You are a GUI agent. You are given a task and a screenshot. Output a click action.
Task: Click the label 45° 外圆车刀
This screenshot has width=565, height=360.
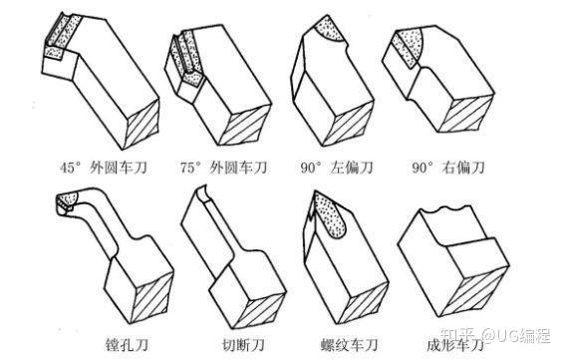coord(104,168)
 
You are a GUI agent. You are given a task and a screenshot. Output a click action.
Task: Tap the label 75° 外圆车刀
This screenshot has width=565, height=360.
coord(224,168)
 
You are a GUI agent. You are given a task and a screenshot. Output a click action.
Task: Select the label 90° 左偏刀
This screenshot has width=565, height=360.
coord(337,168)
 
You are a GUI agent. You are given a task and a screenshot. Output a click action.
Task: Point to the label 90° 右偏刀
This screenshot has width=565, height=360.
coord(447,168)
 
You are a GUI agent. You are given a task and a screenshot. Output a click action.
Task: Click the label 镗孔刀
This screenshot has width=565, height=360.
coord(127,345)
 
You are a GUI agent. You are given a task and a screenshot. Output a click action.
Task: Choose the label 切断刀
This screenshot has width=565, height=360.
coord(243,345)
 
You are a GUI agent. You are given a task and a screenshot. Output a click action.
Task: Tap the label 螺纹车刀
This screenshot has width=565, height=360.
coord(349,345)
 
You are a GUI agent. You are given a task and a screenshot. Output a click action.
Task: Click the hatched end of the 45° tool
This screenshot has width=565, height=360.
coord(141,124)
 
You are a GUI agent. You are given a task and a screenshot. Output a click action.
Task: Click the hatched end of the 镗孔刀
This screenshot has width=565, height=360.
coord(150,297)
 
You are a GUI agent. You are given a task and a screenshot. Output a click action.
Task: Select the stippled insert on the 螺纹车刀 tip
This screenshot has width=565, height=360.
coord(330,215)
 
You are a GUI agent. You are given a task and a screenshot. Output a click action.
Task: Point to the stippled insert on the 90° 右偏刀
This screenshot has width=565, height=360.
coord(409,46)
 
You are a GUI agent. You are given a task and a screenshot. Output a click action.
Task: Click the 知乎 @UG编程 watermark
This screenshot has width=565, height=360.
coord(496,336)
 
